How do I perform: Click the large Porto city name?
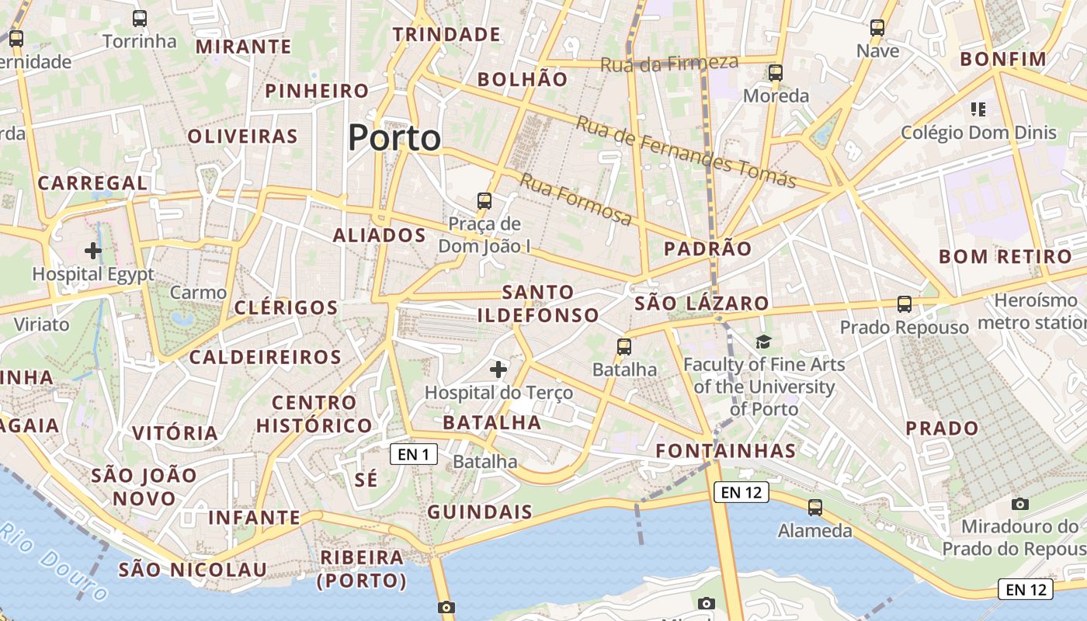coord(394,138)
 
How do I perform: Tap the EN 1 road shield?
coord(413,454)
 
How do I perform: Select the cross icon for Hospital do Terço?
coord(498,369)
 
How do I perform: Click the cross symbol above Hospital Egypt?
coord(93,250)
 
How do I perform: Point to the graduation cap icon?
coord(764,342)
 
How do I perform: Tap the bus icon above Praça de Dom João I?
coord(484,201)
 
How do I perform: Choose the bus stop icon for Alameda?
coord(815,508)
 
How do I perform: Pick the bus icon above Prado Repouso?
coord(905,304)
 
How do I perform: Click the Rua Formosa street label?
coord(575,199)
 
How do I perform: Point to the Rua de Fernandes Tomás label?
coord(686,152)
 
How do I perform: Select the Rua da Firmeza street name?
coord(669,64)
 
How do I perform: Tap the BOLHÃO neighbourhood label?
coord(523,79)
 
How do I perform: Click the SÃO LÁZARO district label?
coord(702,304)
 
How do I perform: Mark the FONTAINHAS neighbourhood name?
coord(726,451)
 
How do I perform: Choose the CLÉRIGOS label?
coord(287,307)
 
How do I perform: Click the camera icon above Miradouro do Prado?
coord(1020,504)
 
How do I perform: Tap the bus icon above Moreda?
coord(776,73)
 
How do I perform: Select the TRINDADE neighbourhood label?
coord(446,34)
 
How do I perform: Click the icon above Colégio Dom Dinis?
coord(978,109)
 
